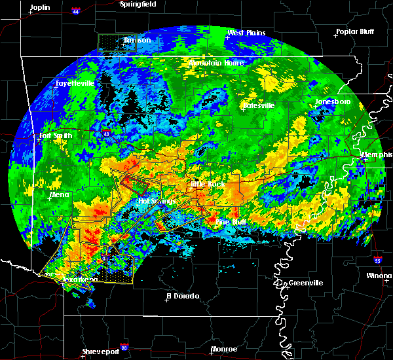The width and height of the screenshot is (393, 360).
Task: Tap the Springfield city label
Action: [138, 4]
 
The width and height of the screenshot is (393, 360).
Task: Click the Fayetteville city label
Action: [75, 84]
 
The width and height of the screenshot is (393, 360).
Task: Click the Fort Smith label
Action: [54, 136]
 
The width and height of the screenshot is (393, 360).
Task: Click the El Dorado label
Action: [182, 296]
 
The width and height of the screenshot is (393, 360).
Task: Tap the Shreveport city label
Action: [101, 352]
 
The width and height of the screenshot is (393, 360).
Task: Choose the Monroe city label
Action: [224, 350]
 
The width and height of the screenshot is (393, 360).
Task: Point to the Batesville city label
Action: [257, 105]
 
